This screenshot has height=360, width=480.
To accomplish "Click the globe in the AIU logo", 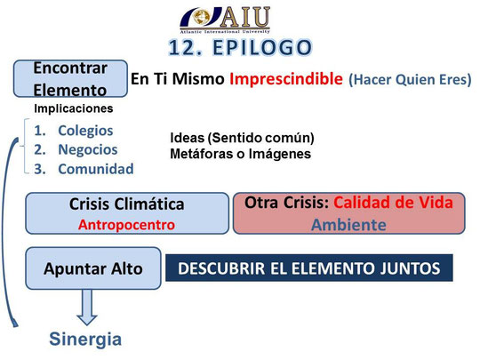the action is point(202,18).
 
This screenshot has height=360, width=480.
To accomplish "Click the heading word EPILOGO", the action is point(262,48).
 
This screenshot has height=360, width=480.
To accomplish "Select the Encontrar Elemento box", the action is point(70,79).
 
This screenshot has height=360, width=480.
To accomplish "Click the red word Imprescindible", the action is point(286,79).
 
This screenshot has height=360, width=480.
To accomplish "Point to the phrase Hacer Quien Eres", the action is point(410,80).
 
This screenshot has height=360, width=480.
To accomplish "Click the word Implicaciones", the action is point(74,108).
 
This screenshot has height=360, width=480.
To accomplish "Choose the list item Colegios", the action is point(85,131).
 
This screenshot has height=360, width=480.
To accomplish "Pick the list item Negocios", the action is point(88,149).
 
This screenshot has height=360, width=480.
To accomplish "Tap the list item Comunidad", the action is point(96,169).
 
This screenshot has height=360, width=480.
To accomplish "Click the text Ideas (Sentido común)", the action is point(242,138).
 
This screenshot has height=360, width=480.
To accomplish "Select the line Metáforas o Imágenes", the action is point(241,154).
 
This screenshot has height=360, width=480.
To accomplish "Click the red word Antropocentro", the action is point(126,225).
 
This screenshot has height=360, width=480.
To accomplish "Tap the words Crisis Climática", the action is point(127,204).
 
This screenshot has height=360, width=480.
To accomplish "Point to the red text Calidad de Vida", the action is point(394,203).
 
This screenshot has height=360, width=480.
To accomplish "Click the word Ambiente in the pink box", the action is point(348,225).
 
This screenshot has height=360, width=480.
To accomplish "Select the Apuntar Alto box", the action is point(93,268).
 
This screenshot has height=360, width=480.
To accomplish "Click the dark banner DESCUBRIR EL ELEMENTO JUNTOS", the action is point(309,268).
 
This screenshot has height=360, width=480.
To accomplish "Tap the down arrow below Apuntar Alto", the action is point(87,307).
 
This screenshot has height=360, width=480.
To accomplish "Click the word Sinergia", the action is point(85,340).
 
